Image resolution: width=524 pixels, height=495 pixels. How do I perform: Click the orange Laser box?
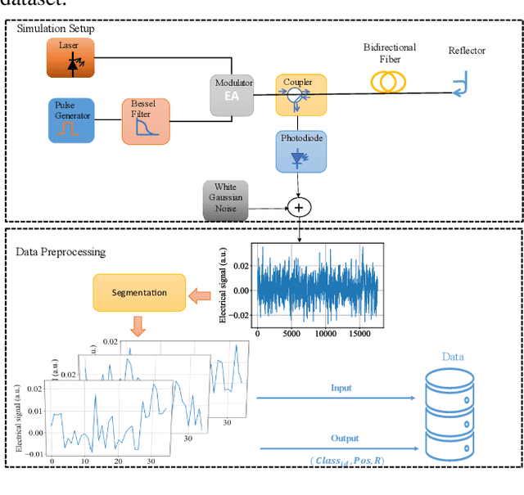point(71,59)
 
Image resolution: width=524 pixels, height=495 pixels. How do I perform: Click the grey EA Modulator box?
point(233,97)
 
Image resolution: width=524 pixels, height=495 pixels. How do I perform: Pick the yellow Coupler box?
point(300,95)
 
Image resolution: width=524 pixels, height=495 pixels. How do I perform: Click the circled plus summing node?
point(299,208)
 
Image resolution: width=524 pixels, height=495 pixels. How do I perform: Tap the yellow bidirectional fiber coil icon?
point(390,80)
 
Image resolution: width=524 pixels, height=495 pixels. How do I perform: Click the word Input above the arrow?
point(341,388)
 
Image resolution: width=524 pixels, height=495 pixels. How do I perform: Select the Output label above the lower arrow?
point(344,439)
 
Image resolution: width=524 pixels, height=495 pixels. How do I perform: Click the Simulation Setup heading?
point(55,29)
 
